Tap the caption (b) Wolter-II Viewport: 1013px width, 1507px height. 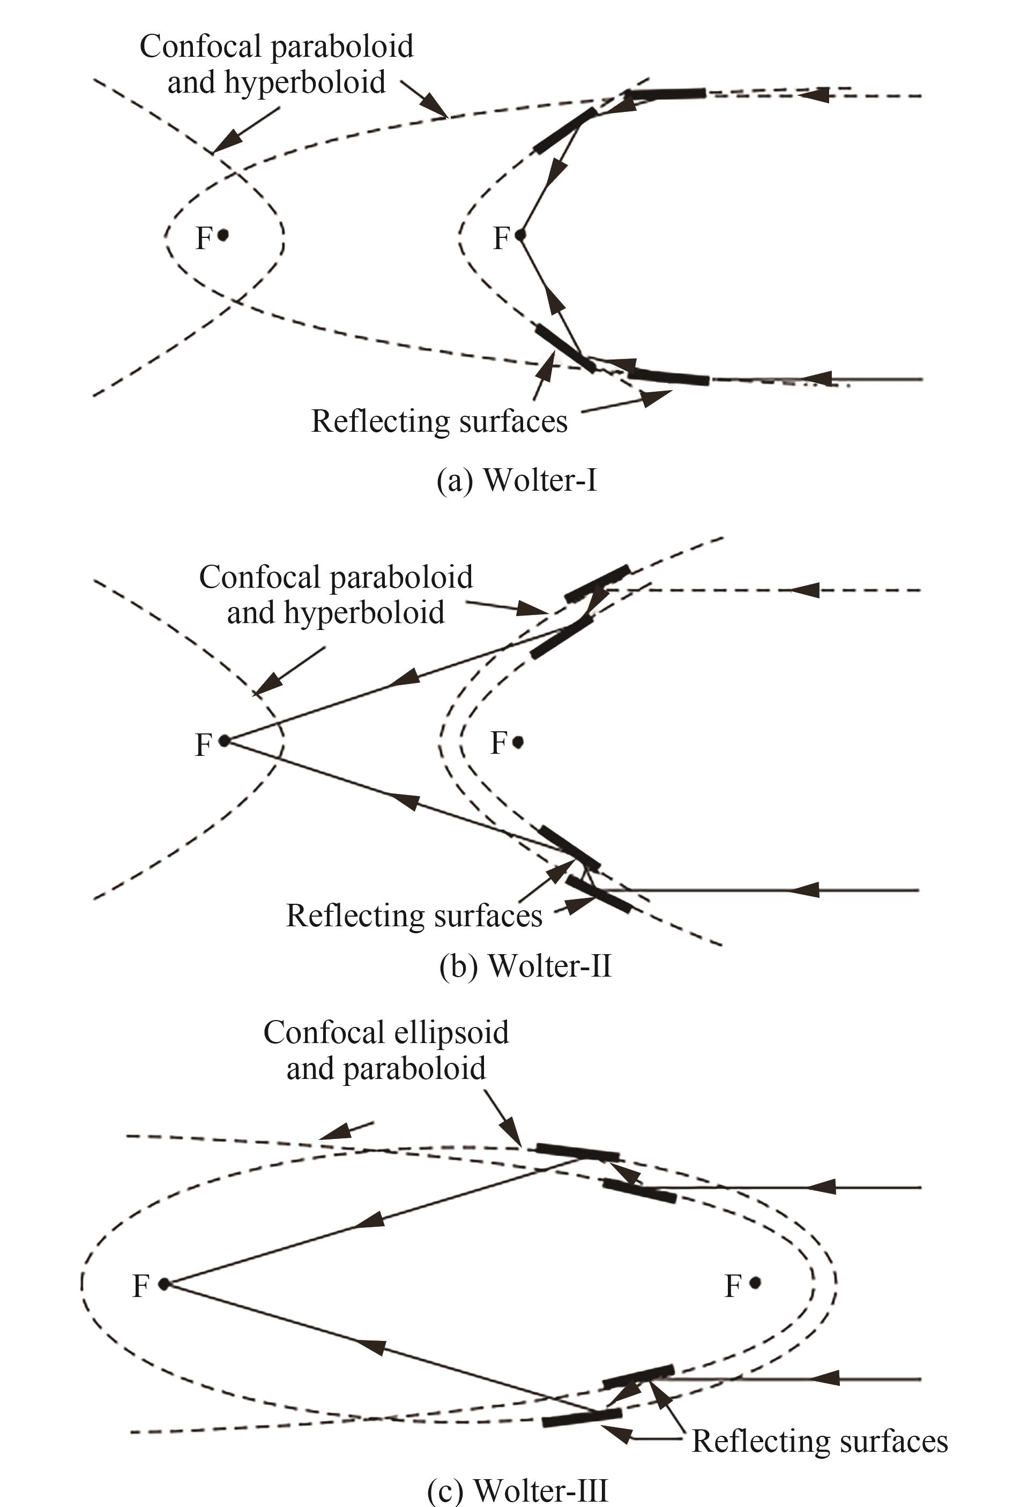(525, 966)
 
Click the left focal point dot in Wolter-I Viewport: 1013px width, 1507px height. (223, 235)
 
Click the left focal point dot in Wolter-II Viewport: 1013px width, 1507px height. (224, 740)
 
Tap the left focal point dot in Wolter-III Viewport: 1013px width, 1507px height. (164, 1284)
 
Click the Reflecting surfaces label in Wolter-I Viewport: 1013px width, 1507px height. (440, 422)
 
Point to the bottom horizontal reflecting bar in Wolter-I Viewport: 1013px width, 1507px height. (669, 377)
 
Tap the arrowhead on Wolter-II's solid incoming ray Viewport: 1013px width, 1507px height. (805, 890)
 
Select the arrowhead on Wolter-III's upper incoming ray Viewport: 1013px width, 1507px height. (822, 1187)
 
